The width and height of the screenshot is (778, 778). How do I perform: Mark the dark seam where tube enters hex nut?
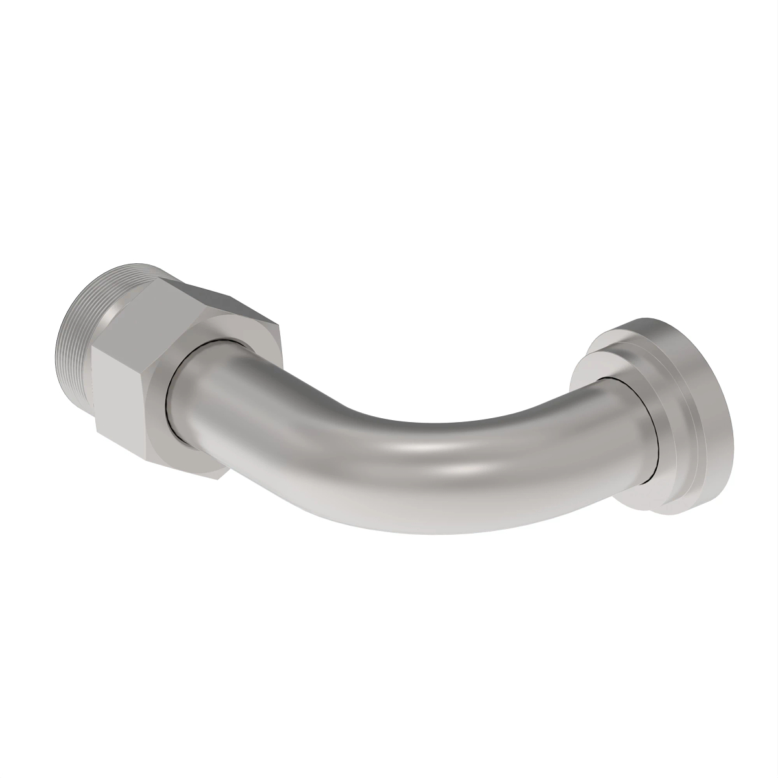(x=166, y=395)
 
